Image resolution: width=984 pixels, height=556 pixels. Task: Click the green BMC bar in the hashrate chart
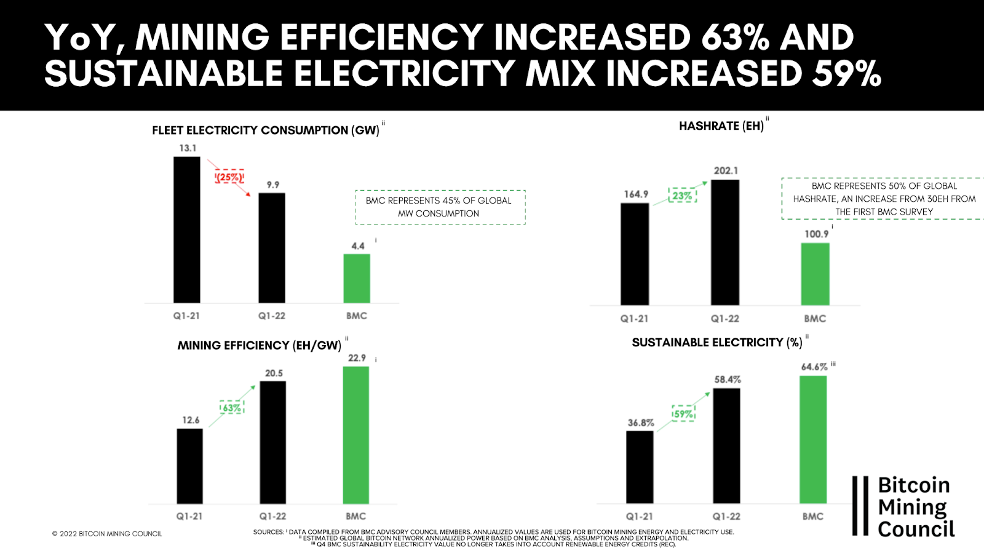815,274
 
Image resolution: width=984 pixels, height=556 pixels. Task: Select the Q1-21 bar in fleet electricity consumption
187,229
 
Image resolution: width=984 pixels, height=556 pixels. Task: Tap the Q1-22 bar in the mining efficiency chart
273,442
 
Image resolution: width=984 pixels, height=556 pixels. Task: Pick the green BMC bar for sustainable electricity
813,439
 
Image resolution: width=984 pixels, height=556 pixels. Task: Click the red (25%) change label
229,177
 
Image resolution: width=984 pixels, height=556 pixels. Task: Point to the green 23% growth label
682,196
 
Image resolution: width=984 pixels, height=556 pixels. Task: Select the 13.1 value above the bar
188,148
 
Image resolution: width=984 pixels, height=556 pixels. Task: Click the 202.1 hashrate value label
726,170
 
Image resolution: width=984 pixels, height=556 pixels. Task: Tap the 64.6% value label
814,367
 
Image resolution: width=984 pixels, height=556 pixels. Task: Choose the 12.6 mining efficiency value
191,420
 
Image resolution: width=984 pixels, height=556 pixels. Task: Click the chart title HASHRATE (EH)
721,126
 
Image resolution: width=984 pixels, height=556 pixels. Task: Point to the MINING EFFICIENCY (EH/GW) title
260,346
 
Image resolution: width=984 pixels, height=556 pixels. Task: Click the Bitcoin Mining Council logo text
915,507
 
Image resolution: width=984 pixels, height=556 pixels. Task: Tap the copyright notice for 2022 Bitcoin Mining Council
107,534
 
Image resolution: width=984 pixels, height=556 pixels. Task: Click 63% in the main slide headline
735,38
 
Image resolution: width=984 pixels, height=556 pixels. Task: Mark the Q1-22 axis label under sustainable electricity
726,517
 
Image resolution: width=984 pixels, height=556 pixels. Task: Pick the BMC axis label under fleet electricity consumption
357,316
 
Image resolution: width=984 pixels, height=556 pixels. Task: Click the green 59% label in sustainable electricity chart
683,414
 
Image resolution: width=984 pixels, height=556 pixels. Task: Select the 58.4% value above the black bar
728,379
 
